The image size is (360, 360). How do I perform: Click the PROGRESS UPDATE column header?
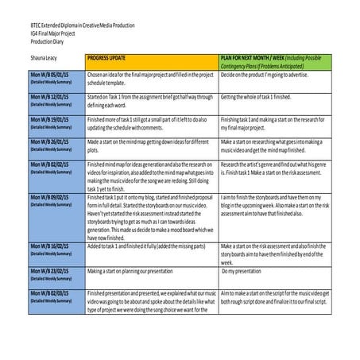(x=110, y=59)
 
